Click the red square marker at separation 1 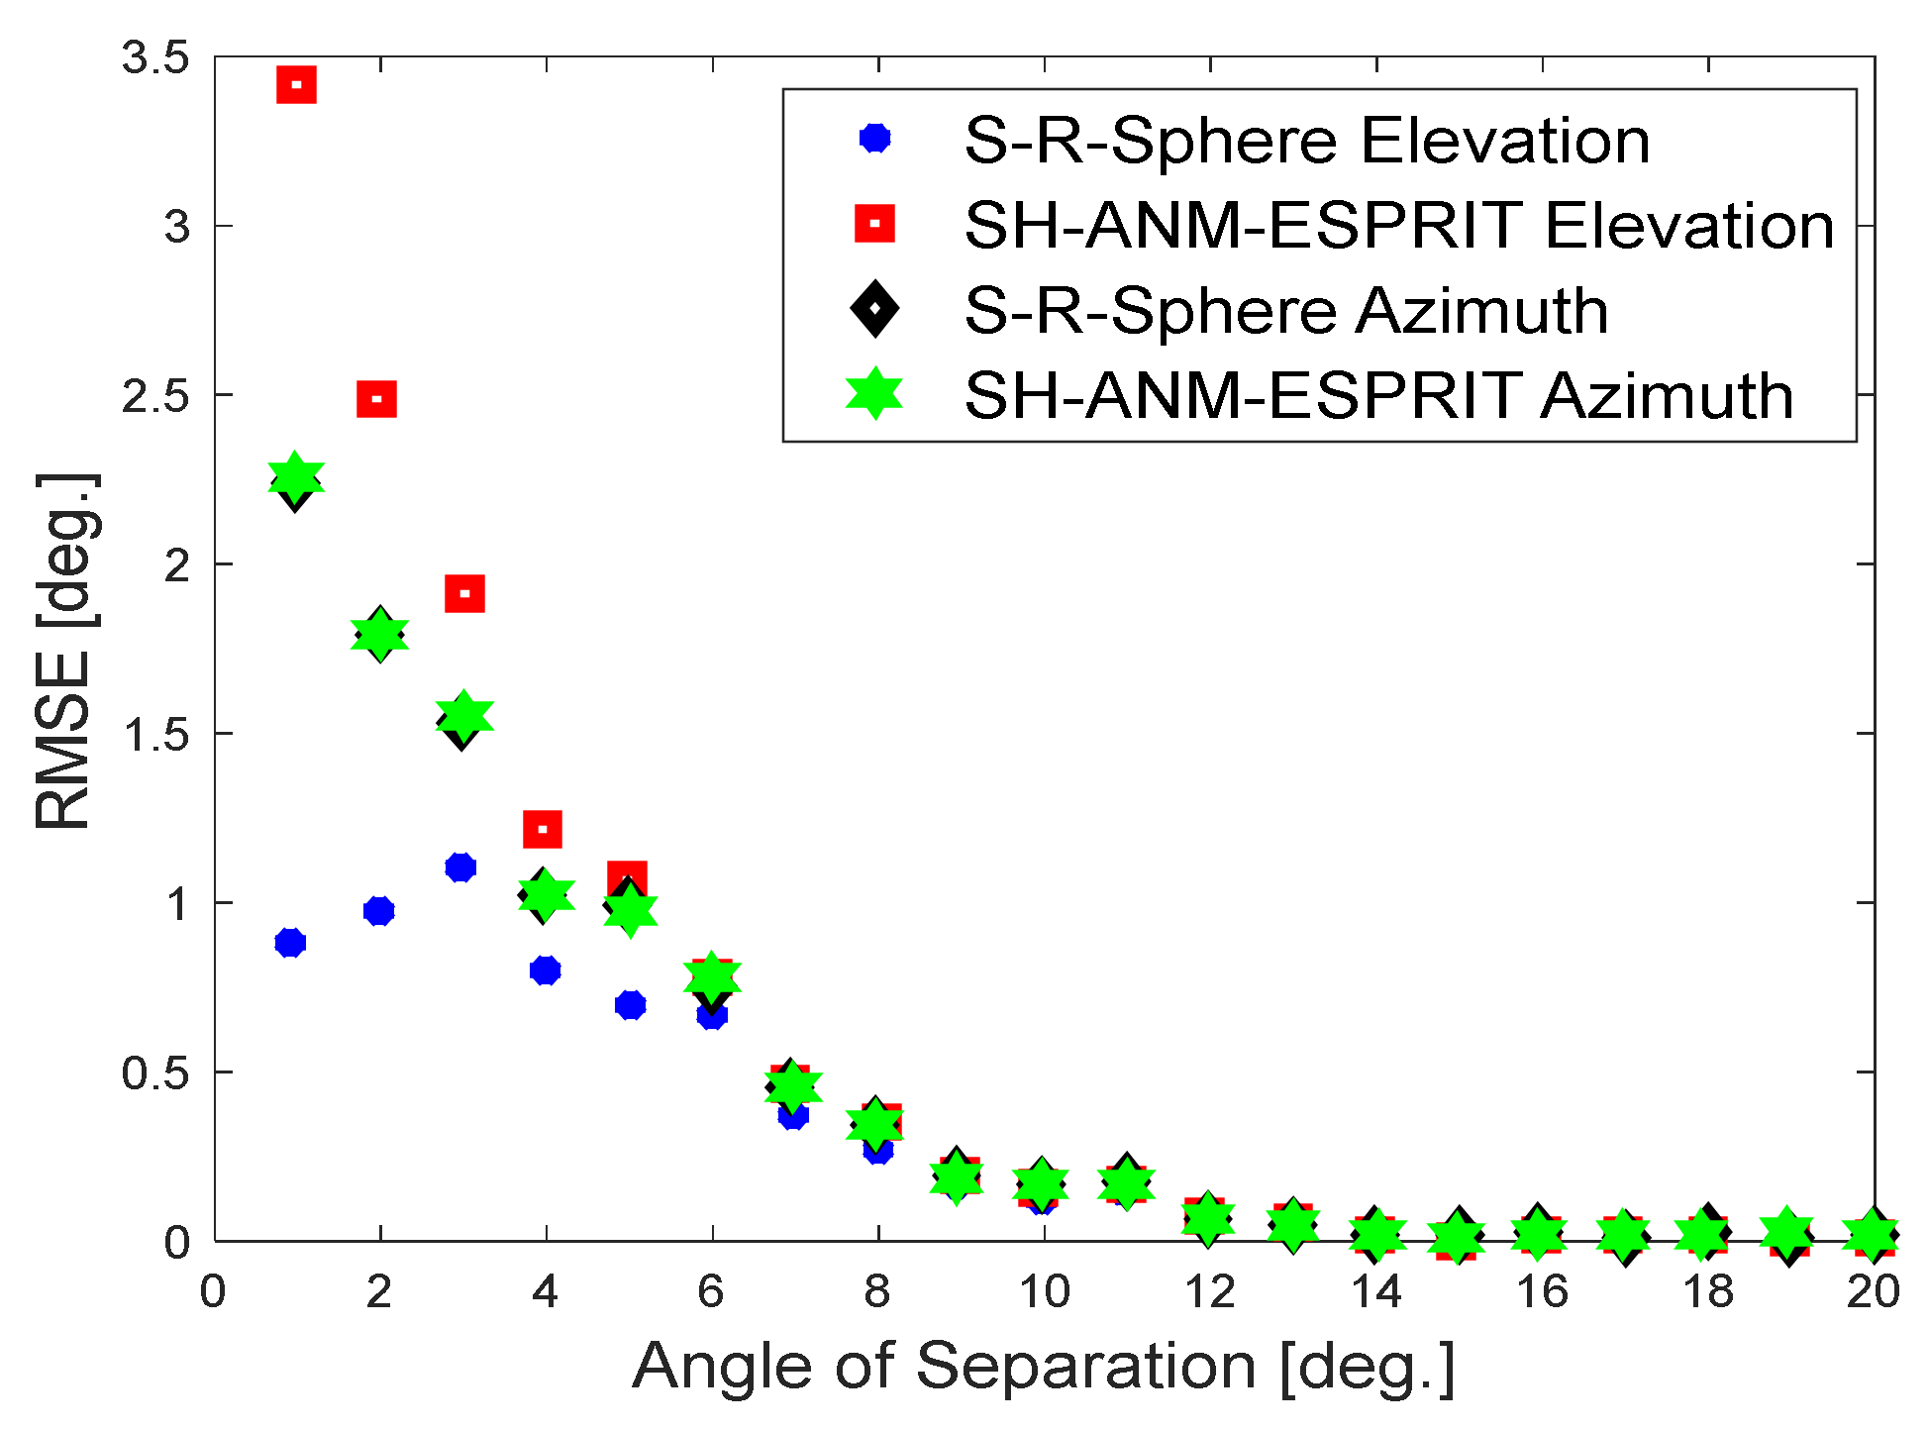pos(296,84)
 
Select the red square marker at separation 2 pos(376,399)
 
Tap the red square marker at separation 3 pos(464,594)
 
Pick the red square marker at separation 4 pos(542,829)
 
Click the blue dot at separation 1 pos(290,942)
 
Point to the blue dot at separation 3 pos(460,868)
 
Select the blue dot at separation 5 pos(630,1005)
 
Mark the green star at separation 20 pos(1873,1233)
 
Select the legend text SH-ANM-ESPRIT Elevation pos(1398,225)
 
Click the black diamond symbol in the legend pos(874,309)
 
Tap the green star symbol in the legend pos(874,394)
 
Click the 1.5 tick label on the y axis pos(155,734)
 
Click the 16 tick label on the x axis pos(1542,1291)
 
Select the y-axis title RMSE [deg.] pos(64,651)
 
